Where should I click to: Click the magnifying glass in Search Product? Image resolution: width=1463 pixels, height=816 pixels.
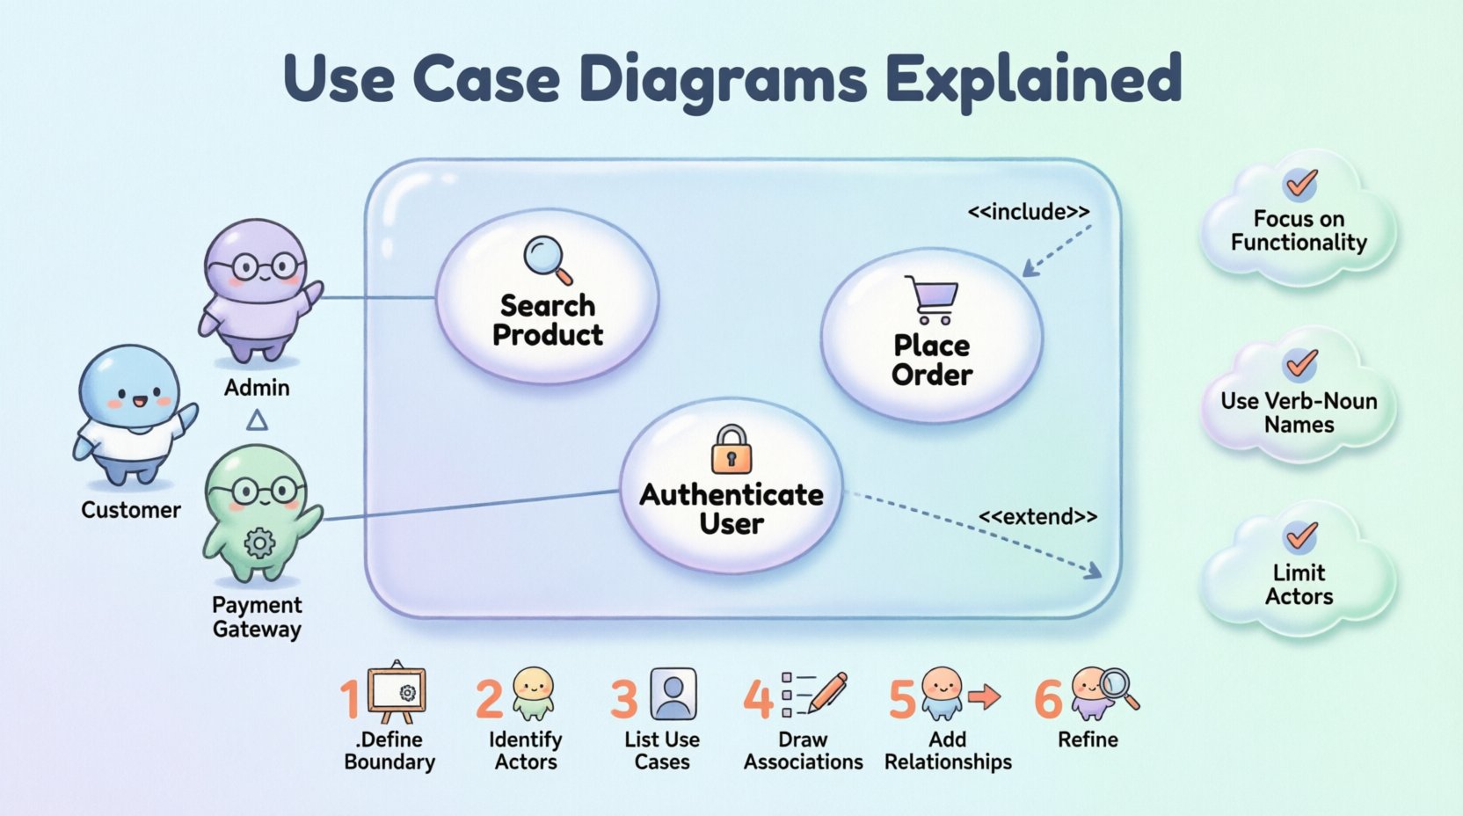point(546,259)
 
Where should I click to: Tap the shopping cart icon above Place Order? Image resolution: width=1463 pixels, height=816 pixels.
point(932,300)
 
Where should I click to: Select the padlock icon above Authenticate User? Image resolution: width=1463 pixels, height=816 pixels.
point(731,450)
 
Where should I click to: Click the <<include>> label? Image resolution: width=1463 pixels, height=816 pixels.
point(1028,212)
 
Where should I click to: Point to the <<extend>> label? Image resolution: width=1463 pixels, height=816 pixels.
point(1037,517)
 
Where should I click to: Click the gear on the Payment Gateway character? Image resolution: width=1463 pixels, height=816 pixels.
point(259,543)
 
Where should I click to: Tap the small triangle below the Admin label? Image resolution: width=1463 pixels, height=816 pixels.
point(257,420)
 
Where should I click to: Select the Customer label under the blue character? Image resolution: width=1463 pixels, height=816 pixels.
point(130,510)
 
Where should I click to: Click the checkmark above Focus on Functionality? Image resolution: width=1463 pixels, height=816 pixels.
point(1300,184)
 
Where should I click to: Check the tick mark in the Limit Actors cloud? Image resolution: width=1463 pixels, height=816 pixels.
point(1300,535)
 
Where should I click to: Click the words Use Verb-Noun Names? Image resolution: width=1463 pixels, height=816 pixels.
point(1299,412)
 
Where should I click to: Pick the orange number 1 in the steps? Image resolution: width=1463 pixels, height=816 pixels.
point(351,700)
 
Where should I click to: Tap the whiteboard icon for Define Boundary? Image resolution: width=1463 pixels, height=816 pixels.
point(397,692)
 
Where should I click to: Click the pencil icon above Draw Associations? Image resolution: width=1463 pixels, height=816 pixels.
point(827,692)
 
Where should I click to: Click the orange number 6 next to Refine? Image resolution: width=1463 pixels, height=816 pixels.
point(1048,700)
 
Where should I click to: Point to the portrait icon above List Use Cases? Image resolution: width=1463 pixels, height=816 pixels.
point(673,694)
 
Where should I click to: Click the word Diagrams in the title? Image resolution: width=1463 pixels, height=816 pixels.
point(724,79)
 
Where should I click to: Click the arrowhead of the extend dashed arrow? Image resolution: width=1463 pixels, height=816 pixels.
point(1093,572)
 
